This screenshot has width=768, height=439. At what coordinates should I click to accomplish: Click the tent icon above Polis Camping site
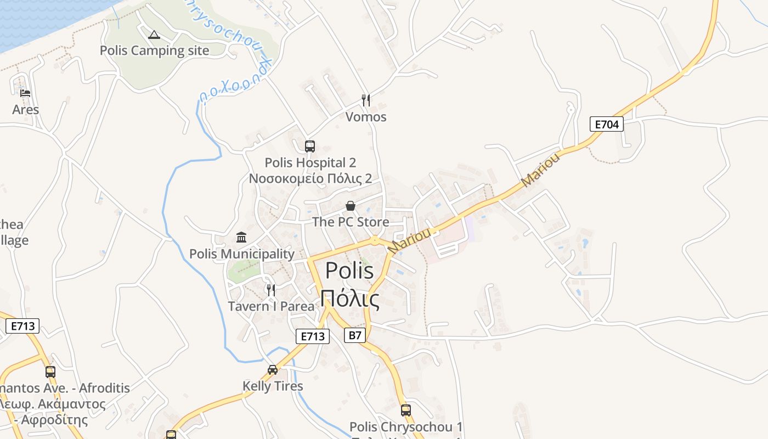pyautogui.click(x=154, y=35)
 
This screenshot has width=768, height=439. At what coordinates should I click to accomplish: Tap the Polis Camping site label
pyautogui.click(x=154, y=50)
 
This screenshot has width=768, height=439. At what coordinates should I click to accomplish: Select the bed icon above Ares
pyautogui.click(x=25, y=93)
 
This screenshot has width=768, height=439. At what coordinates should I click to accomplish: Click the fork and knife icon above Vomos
pyautogui.click(x=366, y=100)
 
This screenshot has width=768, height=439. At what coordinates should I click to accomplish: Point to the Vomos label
pyautogui.click(x=366, y=117)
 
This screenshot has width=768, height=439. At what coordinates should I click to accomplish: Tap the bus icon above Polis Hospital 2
pyautogui.click(x=310, y=146)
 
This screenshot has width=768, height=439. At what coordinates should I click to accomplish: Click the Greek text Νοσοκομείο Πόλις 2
pyautogui.click(x=310, y=178)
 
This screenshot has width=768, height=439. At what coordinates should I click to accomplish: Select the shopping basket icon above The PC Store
pyautogui.click(x=351, y=206)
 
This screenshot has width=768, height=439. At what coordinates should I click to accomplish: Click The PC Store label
pyautogui.click(x=351, y=222)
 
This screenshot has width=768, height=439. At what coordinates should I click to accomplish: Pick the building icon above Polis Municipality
pyautogui.click(x=241, y=237)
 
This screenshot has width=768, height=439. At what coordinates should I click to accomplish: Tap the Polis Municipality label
pyautogui.click(x=242, y=254)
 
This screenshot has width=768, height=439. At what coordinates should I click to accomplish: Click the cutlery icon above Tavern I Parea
pyautogui.click(x=271, y=290)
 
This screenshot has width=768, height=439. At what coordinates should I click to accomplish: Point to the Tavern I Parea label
pyautogui.click(x=271, y=306)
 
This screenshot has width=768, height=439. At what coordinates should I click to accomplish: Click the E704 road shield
pyautogui.click(x=607, y=124)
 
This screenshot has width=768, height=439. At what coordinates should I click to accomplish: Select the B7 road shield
pyautogui.click(x=355, y=335)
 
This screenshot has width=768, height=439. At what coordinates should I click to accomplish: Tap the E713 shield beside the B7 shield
pyautogui.click(x=313, y=336)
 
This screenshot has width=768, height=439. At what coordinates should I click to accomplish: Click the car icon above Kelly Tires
pyautogui.click(x=273, y=369)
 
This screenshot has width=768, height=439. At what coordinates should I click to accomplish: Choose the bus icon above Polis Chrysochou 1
pyautogui.click(x=406, y=410)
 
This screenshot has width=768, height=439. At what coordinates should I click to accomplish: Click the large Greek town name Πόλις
pyautogui.click(x=350, y=299)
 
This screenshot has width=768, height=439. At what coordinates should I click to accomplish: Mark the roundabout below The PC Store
pyautogui.click(x=375, y=240)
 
